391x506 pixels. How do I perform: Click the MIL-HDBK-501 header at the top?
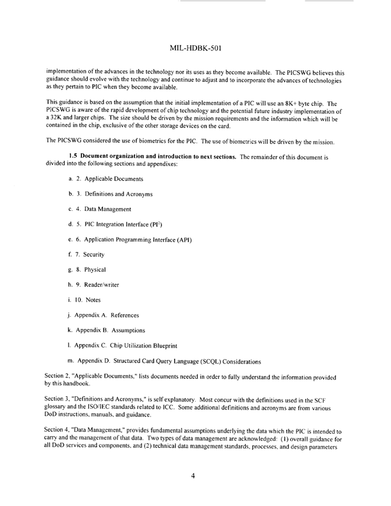coord(196,47)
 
